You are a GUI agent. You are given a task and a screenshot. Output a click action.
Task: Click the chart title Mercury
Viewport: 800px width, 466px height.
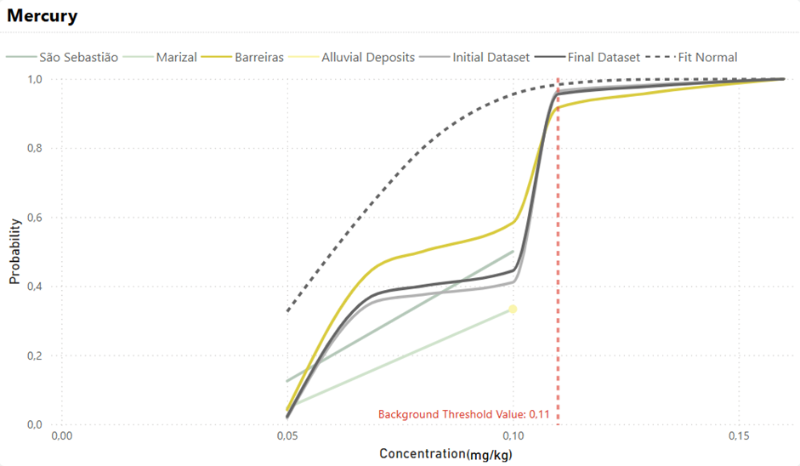(x=42, y=16)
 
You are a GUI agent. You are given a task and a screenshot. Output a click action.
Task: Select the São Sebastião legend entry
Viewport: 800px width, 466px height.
(x=62, y=57)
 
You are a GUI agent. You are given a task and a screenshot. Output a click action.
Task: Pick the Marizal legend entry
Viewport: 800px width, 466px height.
(x=160, y=57)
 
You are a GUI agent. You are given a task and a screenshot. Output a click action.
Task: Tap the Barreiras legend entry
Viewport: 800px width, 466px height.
(x=242, y=57)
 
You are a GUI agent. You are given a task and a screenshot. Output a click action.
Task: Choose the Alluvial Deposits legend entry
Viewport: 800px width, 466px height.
(x=351, y=57)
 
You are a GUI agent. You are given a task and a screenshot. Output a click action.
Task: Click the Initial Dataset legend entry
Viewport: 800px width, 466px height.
(x=474, y=57)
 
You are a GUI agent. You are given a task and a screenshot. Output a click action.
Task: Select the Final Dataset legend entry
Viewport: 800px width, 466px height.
(x=587, y=57)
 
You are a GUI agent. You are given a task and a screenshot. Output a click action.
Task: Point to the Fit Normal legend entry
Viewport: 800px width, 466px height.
(x=691, y=57)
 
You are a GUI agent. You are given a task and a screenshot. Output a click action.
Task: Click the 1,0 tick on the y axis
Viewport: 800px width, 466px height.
(x=35, y=79)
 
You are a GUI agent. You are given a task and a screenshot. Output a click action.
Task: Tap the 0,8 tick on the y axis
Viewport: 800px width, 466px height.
(x=35, y=148)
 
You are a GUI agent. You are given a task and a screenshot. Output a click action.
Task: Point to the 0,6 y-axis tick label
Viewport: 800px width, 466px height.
(x=35, y=218)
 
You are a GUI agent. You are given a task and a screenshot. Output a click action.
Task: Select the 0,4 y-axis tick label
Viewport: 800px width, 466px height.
(x=35, y=287)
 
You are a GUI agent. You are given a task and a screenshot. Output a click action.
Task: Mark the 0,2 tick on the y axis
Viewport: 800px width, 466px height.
(x=35, y=355)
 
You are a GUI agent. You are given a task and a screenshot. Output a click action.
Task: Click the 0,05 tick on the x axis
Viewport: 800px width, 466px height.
(x=287, y=436)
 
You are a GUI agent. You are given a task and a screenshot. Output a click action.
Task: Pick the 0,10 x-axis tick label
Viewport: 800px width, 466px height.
(x=513, y=436)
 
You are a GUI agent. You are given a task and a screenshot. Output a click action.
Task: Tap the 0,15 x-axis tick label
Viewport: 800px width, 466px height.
(x=739, y=436)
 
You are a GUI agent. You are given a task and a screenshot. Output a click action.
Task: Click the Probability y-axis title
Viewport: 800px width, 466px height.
(x=14, y=252)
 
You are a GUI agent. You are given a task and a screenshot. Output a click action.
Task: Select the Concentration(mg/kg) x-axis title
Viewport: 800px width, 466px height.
(x=445, y=454)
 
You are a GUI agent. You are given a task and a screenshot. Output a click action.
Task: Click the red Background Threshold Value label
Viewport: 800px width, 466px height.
(x=464, y=414)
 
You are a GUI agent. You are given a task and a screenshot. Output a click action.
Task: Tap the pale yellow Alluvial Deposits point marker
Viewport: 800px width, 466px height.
(x=513, y=309)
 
